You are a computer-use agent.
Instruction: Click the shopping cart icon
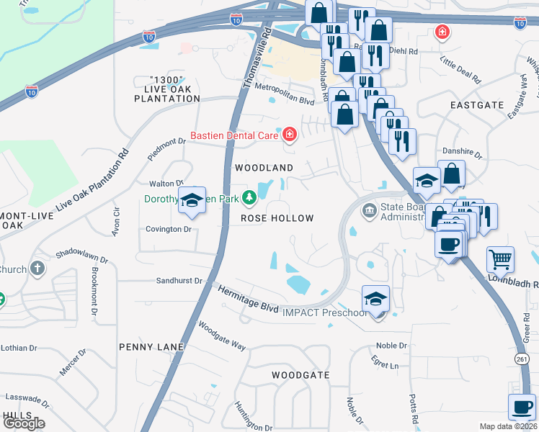[500, 258]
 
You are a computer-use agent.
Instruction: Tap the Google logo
[23, 423]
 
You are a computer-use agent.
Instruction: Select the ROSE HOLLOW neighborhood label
[277, 218]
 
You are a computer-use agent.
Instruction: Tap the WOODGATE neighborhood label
[300, 375]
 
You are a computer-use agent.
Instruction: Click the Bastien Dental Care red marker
[290, 134]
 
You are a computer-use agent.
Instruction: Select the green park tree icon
[249, 197]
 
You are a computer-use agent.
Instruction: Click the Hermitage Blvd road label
[249, 298]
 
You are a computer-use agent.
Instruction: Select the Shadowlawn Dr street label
[83, 257]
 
